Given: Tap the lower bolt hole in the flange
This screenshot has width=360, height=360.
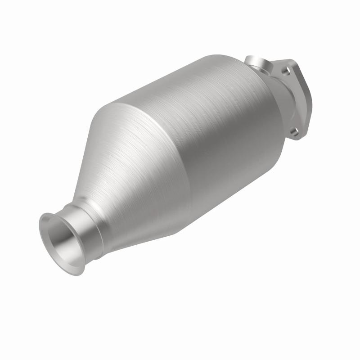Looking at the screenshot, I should pyautogui.click(x=294, y=131).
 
